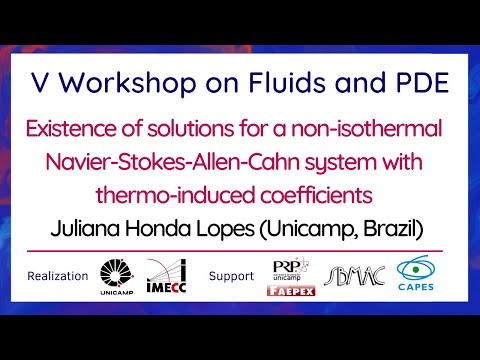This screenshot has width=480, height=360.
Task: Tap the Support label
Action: (232, 276)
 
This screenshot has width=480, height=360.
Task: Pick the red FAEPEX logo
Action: (291, 292)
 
